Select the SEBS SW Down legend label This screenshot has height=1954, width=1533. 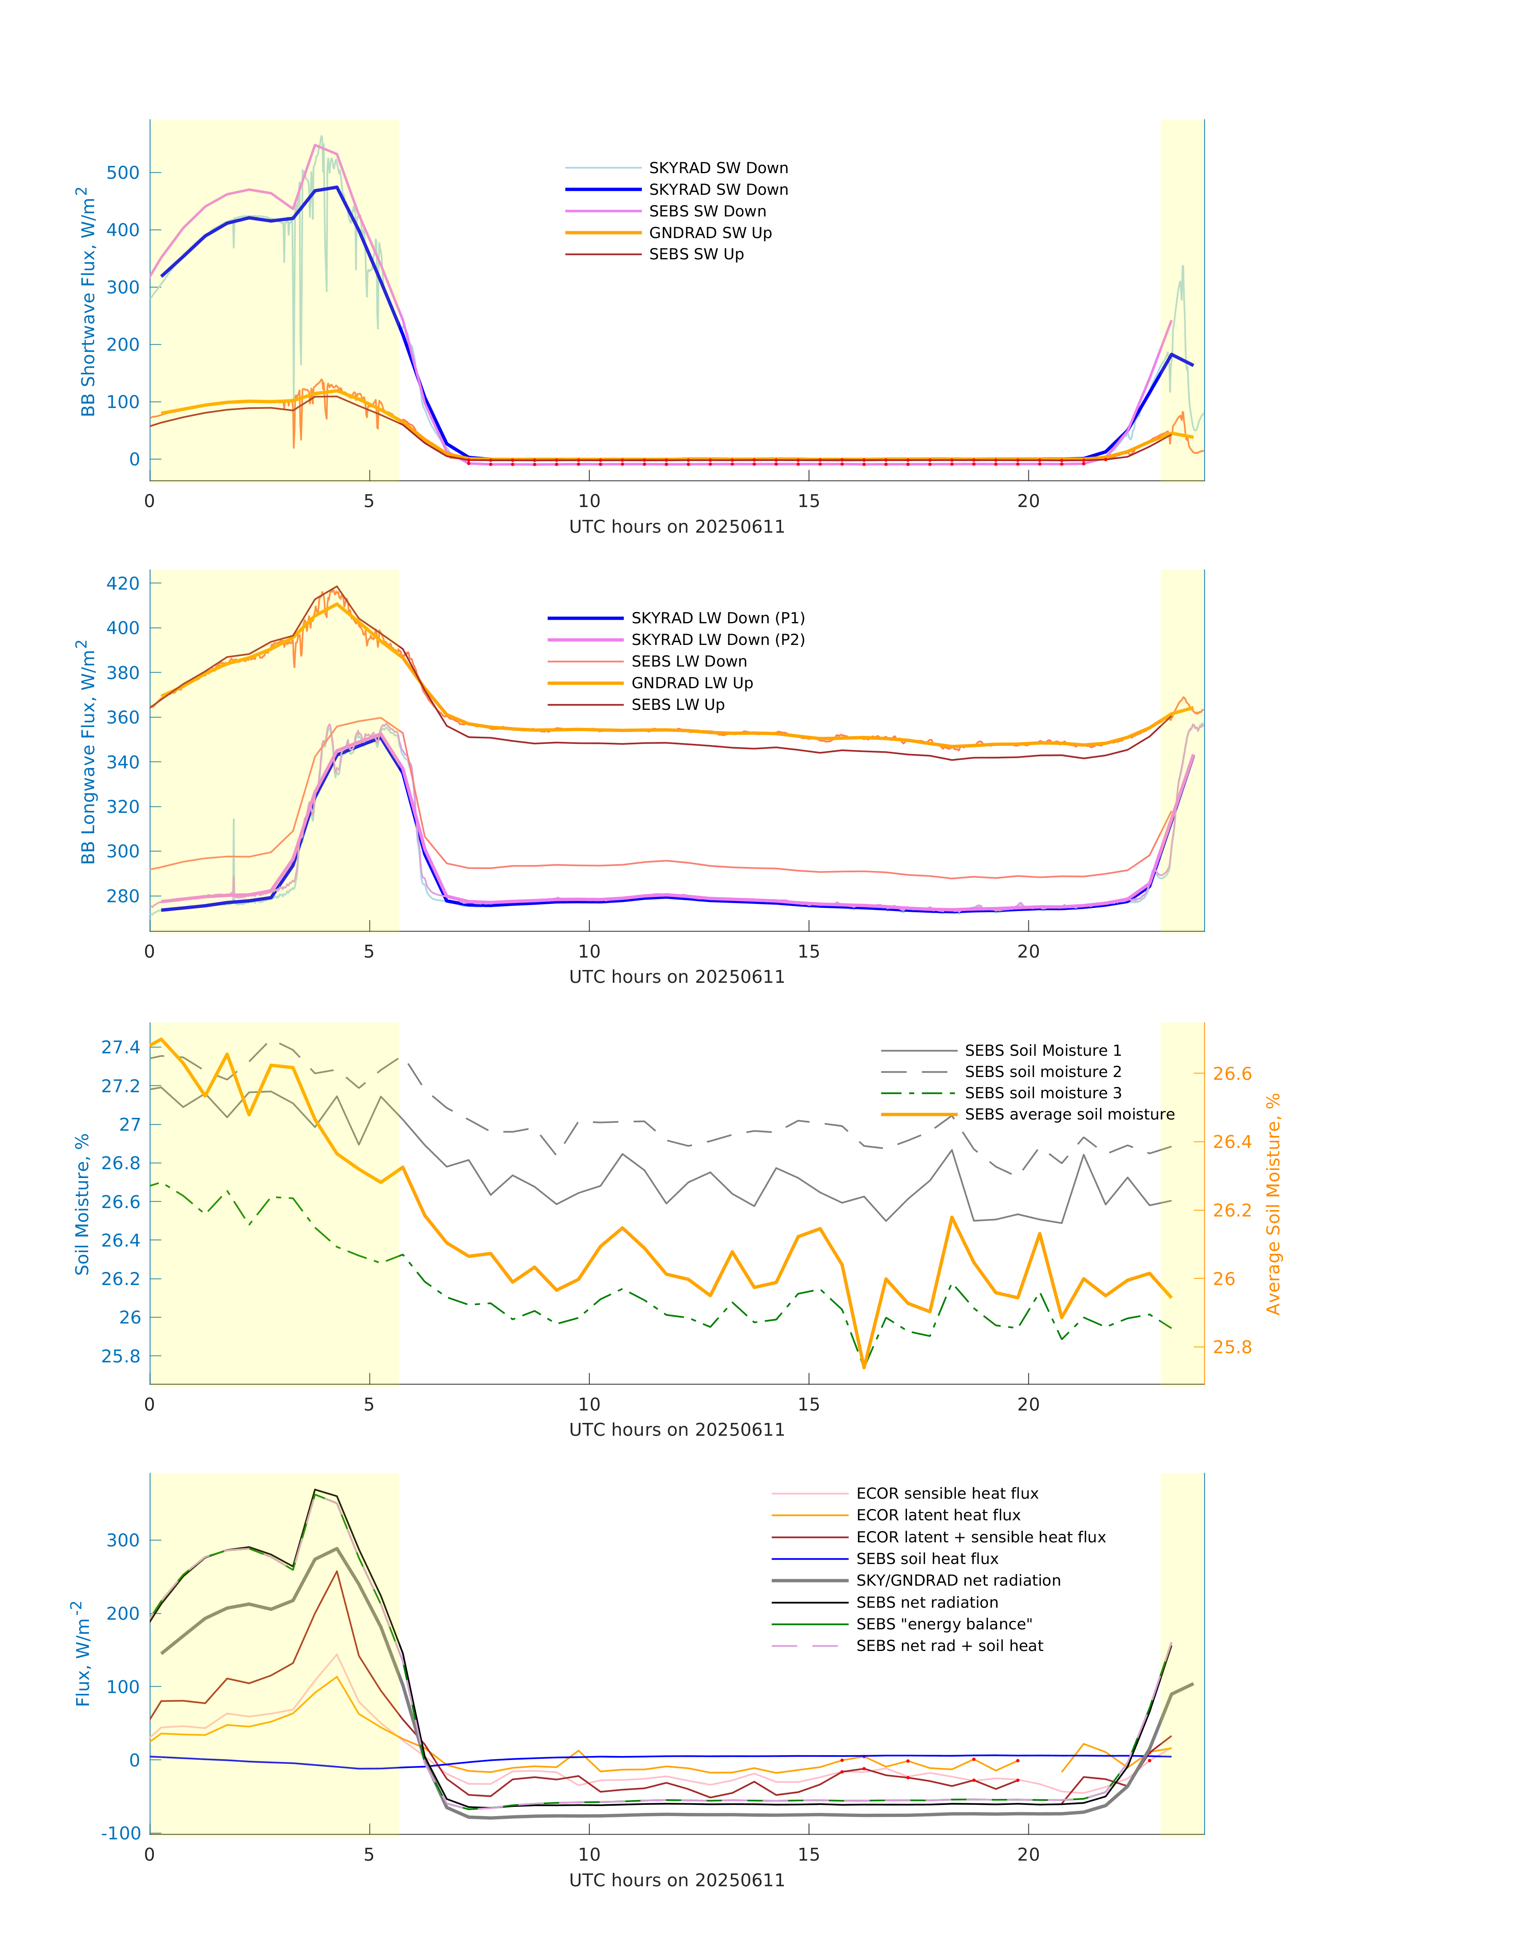pyautogui.click(x=707, y=211)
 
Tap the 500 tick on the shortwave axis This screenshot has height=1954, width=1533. pyautogui.click(x=123, y=172)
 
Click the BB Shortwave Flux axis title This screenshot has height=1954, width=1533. pyautogui.click(x=86, y=301)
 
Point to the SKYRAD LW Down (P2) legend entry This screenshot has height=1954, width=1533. pyautogui.click(x=717, y=639)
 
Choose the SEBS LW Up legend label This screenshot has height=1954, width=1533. pyautogui.click(x=678, y=705)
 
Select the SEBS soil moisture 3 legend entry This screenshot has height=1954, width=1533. pyautogui.click(x=1042, y=1092)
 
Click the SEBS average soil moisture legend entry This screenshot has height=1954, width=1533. pyautogui.click(x=1069, y=1114)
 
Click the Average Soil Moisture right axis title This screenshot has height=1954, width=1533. pyautogui.click(x=1273, y=1204)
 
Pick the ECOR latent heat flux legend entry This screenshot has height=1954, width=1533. pyautogui.click(x=938, y=1515)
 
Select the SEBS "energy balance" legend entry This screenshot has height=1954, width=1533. pyautogui.click(x=943, y=1624)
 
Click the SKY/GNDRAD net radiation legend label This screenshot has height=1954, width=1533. pyautogui.click(x=958, y=1580)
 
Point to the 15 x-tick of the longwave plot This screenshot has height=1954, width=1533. pyautogui.click(x=809, y=952)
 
